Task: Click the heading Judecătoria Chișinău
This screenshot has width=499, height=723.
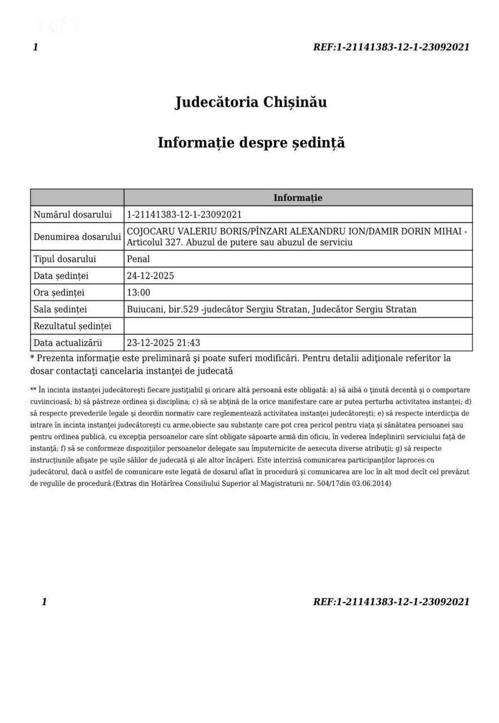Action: (x=251, y=102)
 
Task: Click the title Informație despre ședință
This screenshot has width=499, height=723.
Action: (x=251, y=142)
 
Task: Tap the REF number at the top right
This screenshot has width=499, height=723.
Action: (x=391, y=47)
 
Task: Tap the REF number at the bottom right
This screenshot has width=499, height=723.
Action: (x=391, y=602)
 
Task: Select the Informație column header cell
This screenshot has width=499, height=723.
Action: (x=298, y=198)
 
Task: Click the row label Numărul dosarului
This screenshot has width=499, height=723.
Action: (x=73, y=215)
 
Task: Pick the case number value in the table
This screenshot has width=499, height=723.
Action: (x=184, y=215)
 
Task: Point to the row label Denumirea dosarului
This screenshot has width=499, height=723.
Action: (x=77, y=237)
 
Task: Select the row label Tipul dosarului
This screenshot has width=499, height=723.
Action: (x=65, y=259)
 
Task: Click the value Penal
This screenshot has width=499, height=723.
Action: (x=138, y=259)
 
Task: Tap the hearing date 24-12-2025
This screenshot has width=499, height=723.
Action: (x=150, y=276)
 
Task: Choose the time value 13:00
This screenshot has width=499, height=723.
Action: (x=138, y=293)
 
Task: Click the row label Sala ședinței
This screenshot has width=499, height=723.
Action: (x=60, y=310)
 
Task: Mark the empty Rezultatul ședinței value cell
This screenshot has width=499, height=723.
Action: (x=298, y=326)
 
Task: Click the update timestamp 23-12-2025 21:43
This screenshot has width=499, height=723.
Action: (x=163, y=343)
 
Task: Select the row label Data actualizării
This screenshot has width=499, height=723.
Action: (x=68, y=343)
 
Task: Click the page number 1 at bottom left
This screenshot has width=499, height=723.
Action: (x=44, y=602)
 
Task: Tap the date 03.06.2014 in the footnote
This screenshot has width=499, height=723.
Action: (x=371, y=484)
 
